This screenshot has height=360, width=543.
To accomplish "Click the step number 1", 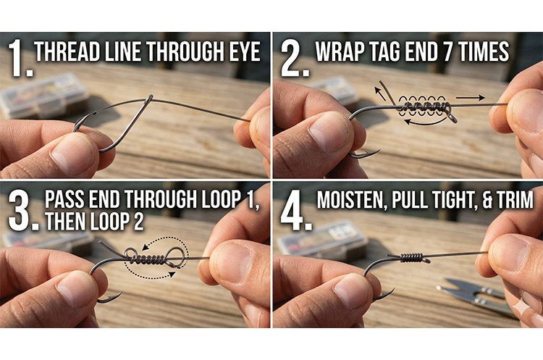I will pos(17,58).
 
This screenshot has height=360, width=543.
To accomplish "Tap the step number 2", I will pos(290,58).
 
